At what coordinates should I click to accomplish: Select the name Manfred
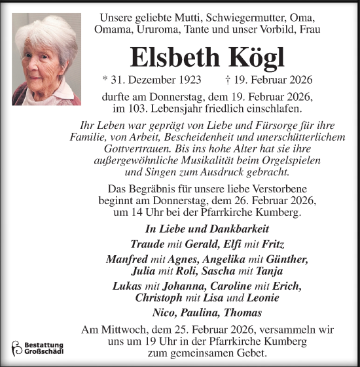coord(126,260)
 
